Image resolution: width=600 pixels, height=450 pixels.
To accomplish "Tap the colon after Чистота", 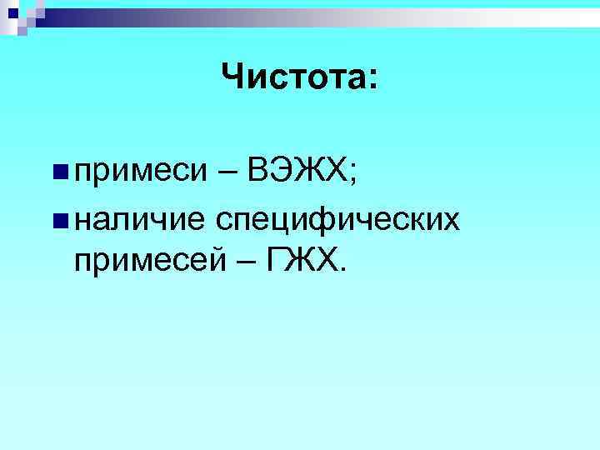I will coord(372,82).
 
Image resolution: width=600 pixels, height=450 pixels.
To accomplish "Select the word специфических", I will coord(338,220).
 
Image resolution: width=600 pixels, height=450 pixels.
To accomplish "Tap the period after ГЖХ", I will coord(338,271).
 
